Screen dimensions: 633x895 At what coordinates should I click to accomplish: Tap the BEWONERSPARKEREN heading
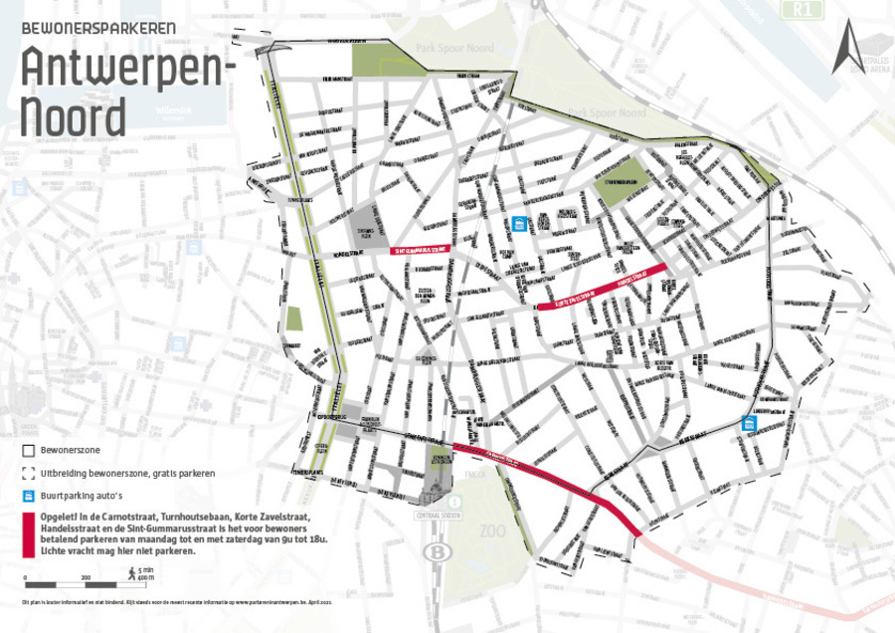[x=99, y=28]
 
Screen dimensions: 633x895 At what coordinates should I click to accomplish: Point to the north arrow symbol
[x=847, y=48]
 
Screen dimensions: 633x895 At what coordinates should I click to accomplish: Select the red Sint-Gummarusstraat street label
[x=421, y=250]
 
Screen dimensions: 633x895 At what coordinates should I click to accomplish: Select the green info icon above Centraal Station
[x=457, y=501]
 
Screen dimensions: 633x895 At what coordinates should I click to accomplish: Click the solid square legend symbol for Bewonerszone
[x=29, y=450]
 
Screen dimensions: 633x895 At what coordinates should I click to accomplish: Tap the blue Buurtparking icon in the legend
[x=29, y=496]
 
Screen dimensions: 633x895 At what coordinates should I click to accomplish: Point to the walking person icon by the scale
[x=130, y=571]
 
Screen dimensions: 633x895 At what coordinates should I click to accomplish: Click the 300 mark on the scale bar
[x=87, y=578]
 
